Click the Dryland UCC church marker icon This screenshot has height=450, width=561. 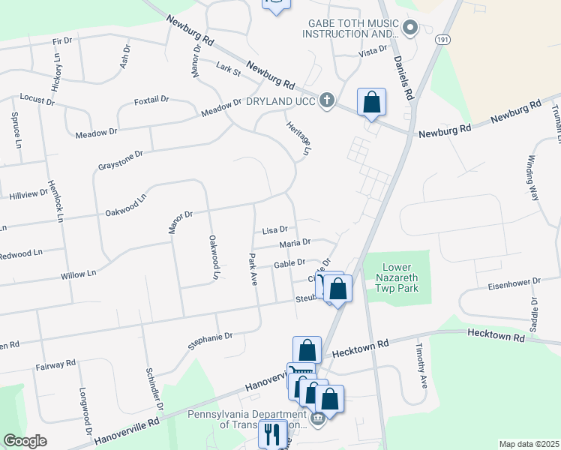tap(326, 100)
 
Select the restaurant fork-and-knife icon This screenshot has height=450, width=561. tap(271, 433)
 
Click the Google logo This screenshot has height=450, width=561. tap(25, 441)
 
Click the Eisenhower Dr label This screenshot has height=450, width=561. tap(514, 283)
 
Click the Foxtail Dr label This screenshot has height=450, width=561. tap(151, 100)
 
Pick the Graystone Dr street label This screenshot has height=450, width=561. tap(120, 159)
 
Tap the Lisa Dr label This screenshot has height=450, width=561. tap(274, 231)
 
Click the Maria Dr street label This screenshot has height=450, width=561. tap(295, 243)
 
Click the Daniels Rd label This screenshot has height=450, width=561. tap(403, 80)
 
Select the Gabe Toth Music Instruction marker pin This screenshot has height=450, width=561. tap(409, 29)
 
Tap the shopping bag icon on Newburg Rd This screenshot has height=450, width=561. tap(371, 103)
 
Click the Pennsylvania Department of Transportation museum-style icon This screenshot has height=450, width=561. tap(318, 418)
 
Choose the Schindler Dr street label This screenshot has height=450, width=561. tap(155, 388)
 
